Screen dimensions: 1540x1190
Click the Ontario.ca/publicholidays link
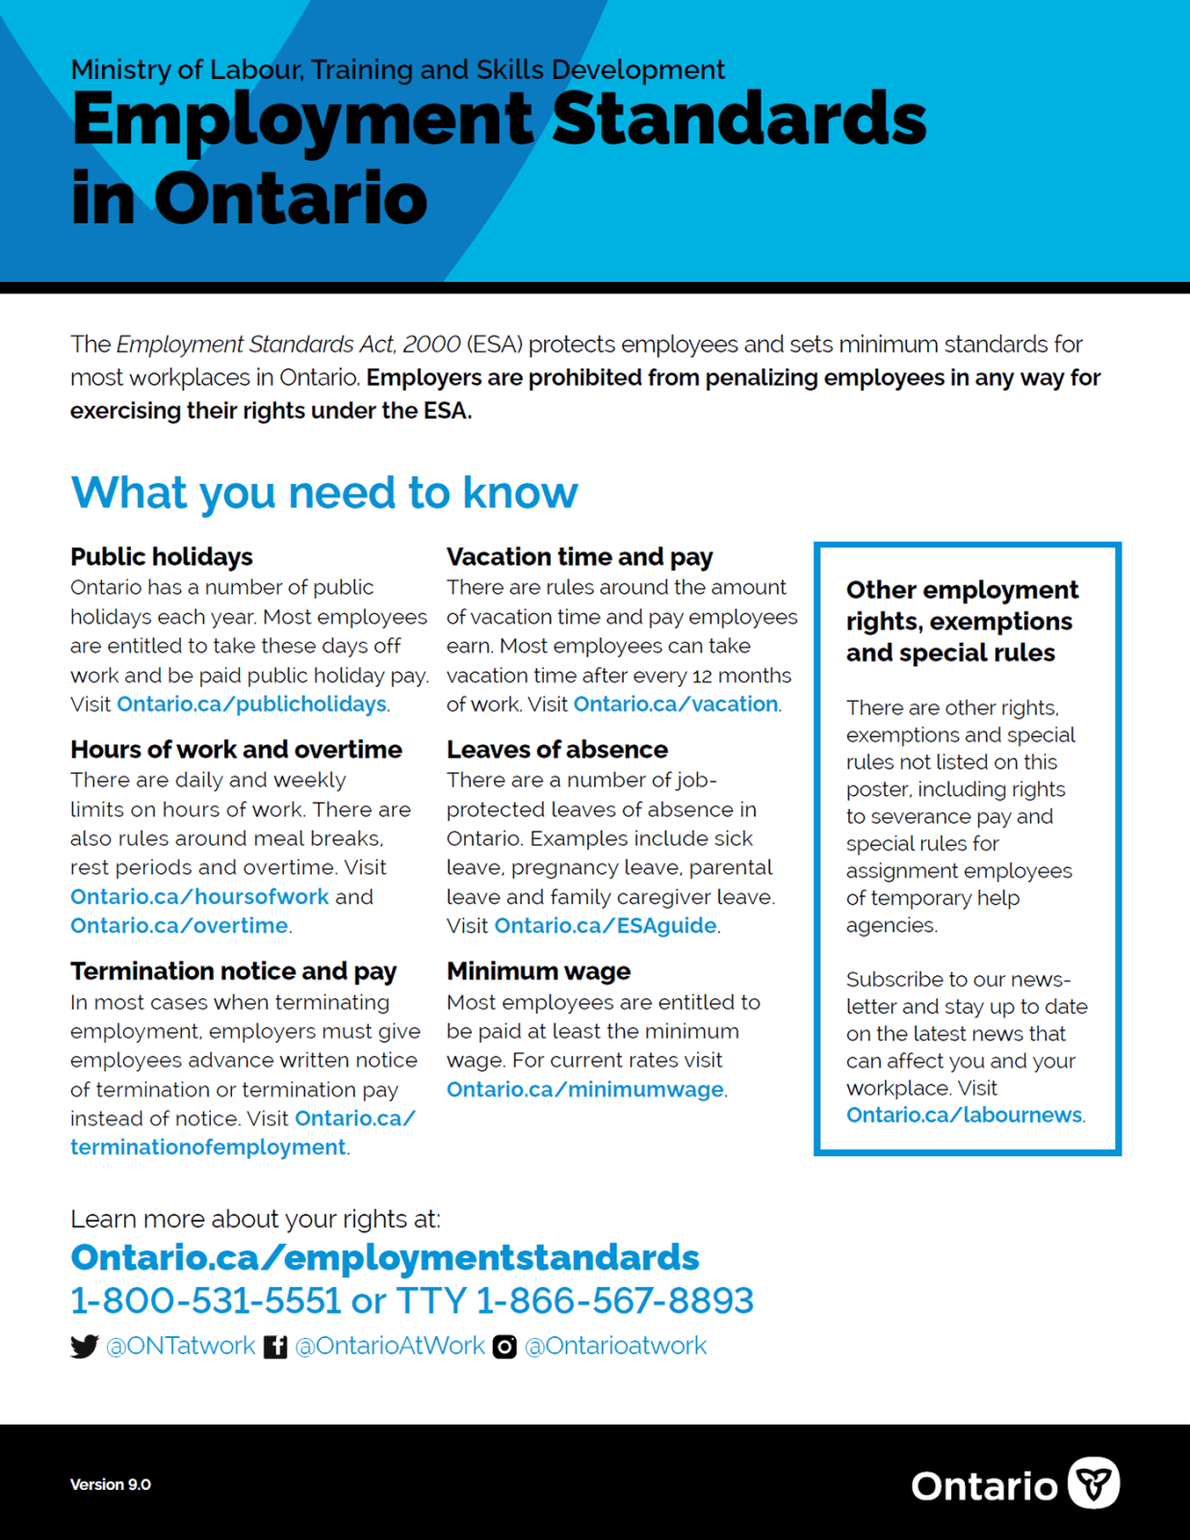point(251,705)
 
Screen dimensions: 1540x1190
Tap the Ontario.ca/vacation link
point(675,705)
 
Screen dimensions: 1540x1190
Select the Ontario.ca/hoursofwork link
point(199,897)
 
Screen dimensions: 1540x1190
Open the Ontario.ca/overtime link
point(179,926)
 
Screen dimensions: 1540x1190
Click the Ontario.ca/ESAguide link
point(605,926)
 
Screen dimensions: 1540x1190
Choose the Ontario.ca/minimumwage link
point(584,1090)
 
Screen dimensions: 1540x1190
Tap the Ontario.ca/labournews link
point(964,1116)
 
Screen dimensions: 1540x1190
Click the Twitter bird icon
point(85,1347)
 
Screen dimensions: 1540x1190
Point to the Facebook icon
point(275,1347)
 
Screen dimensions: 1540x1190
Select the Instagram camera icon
point(504,1347)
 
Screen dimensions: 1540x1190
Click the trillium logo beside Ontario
point(1094,1483)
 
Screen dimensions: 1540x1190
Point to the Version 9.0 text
point(111,1484)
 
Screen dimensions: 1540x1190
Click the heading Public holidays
point(162,557)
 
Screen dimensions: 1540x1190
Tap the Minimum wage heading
point(538,971)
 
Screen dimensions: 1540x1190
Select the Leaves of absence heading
point(556,750)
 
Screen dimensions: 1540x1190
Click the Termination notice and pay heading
point(233,971)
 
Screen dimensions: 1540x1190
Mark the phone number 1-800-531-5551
point(205,1301)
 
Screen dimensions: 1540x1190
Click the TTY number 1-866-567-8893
point(614,1301)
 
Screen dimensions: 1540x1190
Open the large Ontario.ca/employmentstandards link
point(385,1258)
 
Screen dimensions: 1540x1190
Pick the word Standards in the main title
point(738,119)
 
